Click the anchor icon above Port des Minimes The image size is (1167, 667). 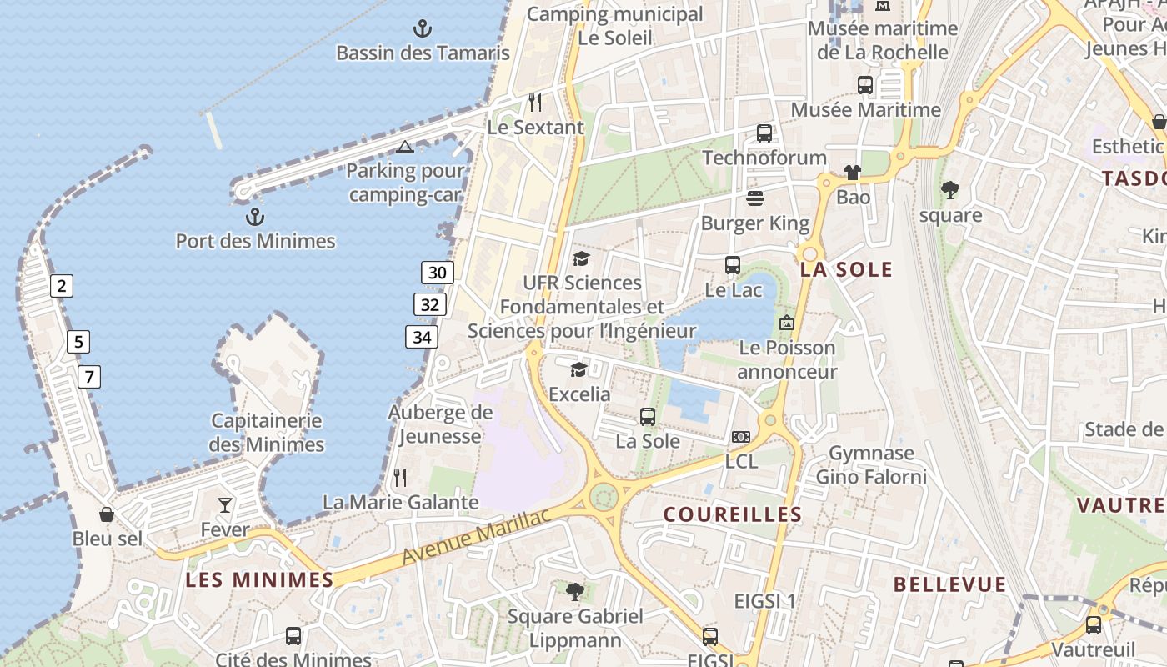click(x=255, y=218)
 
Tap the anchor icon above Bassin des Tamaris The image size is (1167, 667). click(x=423, y=29)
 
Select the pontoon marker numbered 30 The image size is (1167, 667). click(x=438, y=272)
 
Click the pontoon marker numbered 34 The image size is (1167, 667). click(x=422, y=337)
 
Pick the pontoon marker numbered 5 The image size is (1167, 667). click(x=78, y=341)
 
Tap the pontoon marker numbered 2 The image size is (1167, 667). click(x=61, y=286)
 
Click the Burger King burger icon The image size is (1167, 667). click(x=755, y=198)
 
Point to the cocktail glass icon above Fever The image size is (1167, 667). click(x=225, y=504)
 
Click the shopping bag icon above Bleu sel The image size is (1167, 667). click(x=107, y=514)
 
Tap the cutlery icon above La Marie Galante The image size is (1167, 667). click(x=400, y=478)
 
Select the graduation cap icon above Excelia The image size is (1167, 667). click(x=578, y=369)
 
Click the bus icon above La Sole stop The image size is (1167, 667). click(x=648, y=417)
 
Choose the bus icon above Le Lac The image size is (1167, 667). click(x=733, y=265)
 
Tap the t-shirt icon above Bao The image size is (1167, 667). click(x=852, y=173)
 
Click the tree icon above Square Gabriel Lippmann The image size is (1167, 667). click(x=574, y=592)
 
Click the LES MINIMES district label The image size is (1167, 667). click(x=259, y=579)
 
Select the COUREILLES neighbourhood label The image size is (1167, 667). click(x=733, y=514)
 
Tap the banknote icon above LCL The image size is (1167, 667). click(x=740, y=437)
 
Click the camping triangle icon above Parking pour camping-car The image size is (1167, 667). click(x=405, y=148)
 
